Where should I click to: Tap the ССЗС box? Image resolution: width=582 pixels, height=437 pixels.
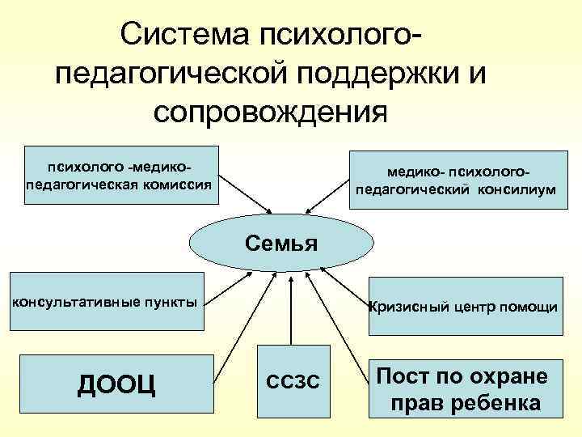(293, 380)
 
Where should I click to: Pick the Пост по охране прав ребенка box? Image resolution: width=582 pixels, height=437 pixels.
(464, 388)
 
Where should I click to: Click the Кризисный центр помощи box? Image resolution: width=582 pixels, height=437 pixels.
(464, 307)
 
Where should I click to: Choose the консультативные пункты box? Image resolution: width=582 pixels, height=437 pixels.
(103, 303)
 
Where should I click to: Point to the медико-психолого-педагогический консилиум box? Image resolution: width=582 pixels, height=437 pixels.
(456, 182)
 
